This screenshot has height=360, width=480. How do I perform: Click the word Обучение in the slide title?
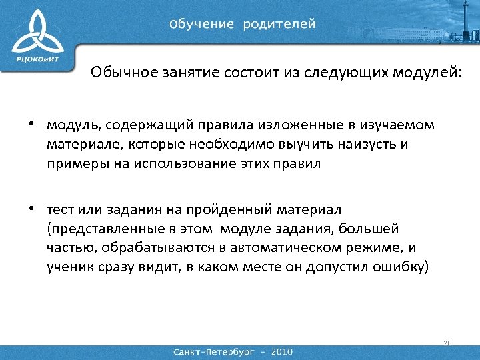click(202, 25)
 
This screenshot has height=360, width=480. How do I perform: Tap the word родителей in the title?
click(279, 25)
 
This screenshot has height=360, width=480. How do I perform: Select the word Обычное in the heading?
click(121, 72)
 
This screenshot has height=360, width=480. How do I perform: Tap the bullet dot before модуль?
click(31, 125)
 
